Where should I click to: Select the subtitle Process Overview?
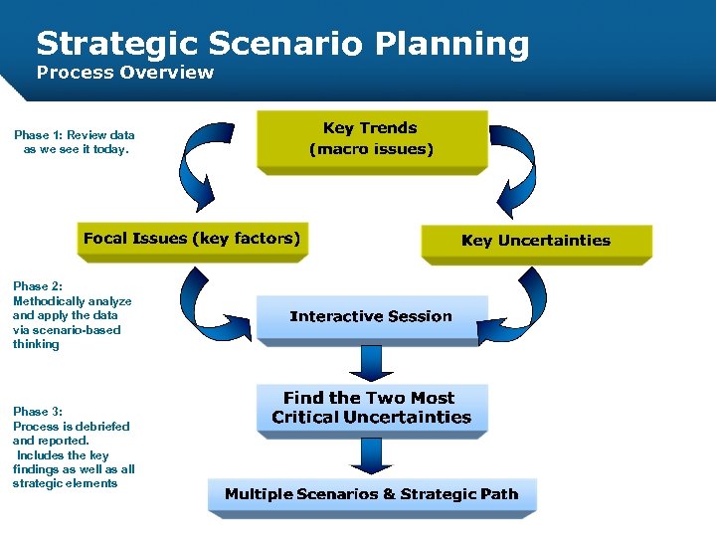[124, 72]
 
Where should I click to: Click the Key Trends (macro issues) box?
[371, 139]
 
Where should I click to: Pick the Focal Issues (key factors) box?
[191, 239]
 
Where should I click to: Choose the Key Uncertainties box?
[536, 241]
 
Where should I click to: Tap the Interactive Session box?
[371, 316]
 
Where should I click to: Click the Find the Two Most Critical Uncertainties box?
[371, 408]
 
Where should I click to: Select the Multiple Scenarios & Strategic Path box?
[371, 494]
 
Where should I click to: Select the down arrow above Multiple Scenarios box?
[371, 454]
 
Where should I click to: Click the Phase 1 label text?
[75, 142]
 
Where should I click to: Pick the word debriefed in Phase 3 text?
[101, 427]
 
